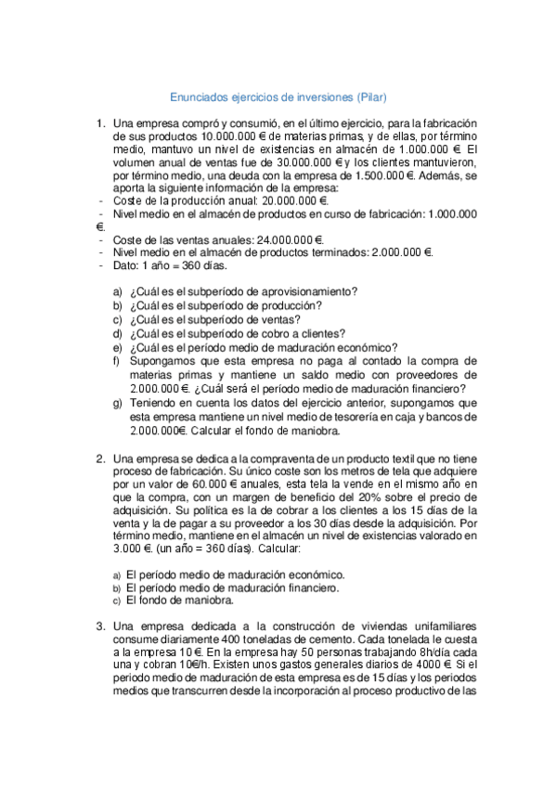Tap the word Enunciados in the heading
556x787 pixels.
pyautogui.click(x=201, y=97)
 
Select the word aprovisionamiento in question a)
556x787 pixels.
pyautogui.click(x=305, y=291)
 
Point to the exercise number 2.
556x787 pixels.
pyautogui.click(x=99, y=458)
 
